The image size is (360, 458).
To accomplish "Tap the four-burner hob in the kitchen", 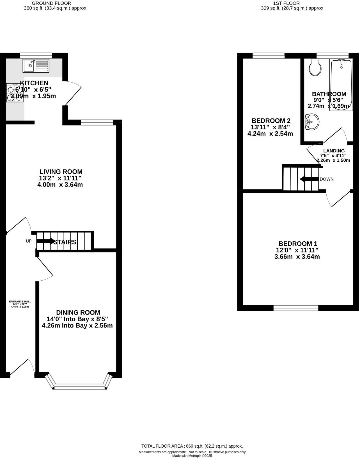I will tap(15, 93).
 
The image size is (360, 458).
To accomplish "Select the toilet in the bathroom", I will tap(315, 68).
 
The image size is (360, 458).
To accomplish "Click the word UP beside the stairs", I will tap(29, 241).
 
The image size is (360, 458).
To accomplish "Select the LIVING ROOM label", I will tap(61, 172).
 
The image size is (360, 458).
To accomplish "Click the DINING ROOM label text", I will tap(78, 313).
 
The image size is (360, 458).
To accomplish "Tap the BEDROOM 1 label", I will tap(298, 244).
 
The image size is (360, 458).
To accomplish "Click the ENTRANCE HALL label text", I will tap(20, 301).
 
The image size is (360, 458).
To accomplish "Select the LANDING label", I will tap(334, 151).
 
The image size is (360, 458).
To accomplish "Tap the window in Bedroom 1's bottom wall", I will tap(296, 308).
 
